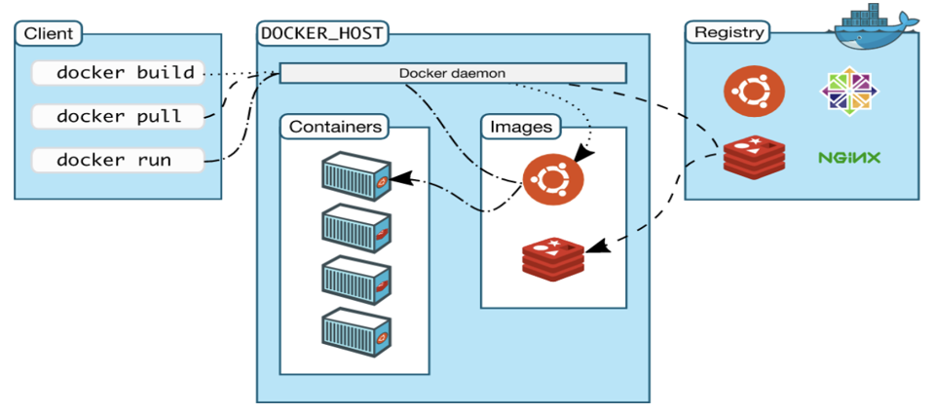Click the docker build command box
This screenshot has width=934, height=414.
pyautogui.click(x=118, y=73)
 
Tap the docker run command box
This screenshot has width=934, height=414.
pyautogui.click(x=118, y=160)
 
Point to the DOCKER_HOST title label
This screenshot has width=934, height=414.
pyautogui.click(x=322, y=33)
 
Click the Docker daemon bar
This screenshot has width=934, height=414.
pyautogui.click(x=452, y=73)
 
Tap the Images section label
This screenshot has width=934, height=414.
pyautogui.click(x=520, y=127)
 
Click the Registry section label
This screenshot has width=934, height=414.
pyautogui.click(x=728, y=33)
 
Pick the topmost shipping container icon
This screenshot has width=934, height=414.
pyautogui.click(x=356, y=174)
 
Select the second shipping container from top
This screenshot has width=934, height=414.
pyautogui.click(x=356, y=227)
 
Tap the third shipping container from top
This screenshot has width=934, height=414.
pyautogui.click(x=356, y=280)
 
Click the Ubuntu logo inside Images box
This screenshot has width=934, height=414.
pyautogui.click(x=553, y=181)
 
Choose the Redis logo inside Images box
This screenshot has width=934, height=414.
pyautogui.click(x=553, y=255)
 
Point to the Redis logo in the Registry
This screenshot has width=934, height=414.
pyautogui.click(x=754, y=157)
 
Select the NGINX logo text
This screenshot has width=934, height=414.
pyautogui.click(x=849, y=157)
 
